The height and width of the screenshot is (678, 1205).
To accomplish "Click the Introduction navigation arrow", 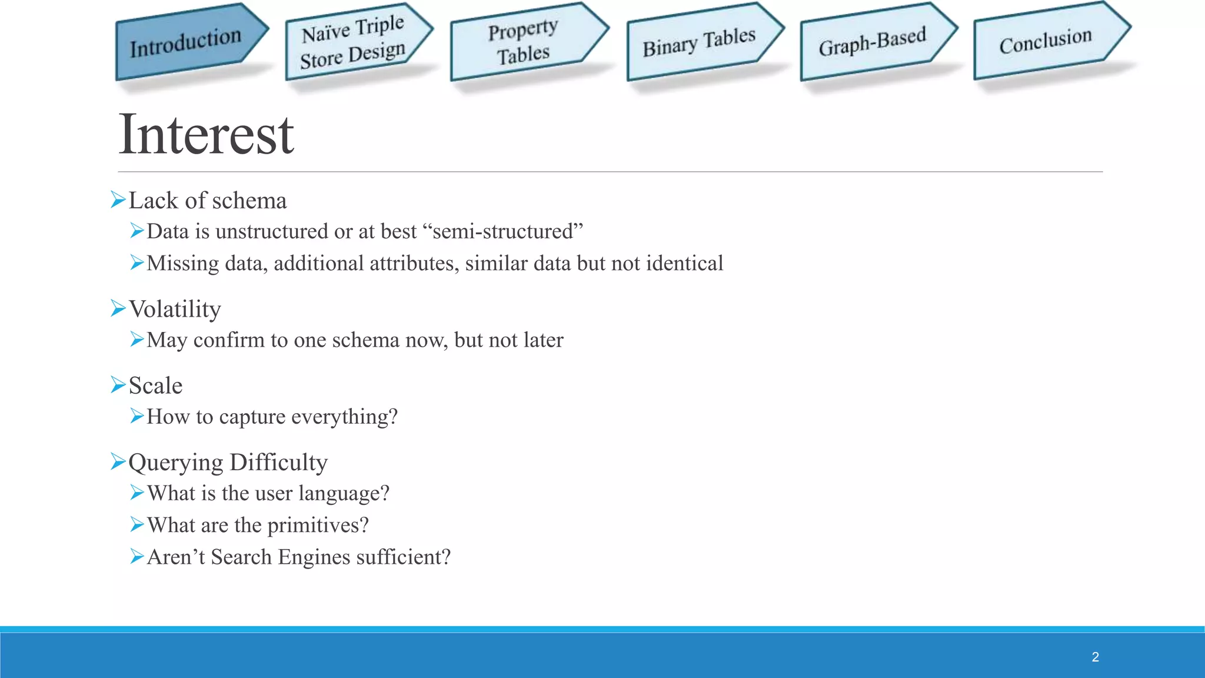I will [187, 42].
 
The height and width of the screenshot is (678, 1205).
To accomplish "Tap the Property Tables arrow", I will [523, 42].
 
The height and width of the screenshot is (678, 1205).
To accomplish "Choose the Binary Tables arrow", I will [699, 42].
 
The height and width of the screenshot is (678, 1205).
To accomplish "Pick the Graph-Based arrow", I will [873, 42].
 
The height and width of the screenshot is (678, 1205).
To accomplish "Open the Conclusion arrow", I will [1046, 41].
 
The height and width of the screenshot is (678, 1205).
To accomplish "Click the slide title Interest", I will [206, 135].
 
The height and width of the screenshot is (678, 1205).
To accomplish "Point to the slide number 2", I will [1095, 657].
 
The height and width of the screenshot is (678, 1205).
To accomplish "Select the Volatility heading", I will [175, 310].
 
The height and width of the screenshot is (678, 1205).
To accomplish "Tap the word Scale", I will [155, 386].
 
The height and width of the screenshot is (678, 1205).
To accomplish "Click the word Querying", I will [176, 463].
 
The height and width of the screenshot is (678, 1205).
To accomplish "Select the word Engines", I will [314, 557].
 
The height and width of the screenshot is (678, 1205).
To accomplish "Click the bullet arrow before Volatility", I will [118, 308].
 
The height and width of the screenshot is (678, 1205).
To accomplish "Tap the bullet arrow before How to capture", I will [137, 416].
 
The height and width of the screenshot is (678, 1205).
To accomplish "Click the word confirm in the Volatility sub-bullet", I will [229, 340].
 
